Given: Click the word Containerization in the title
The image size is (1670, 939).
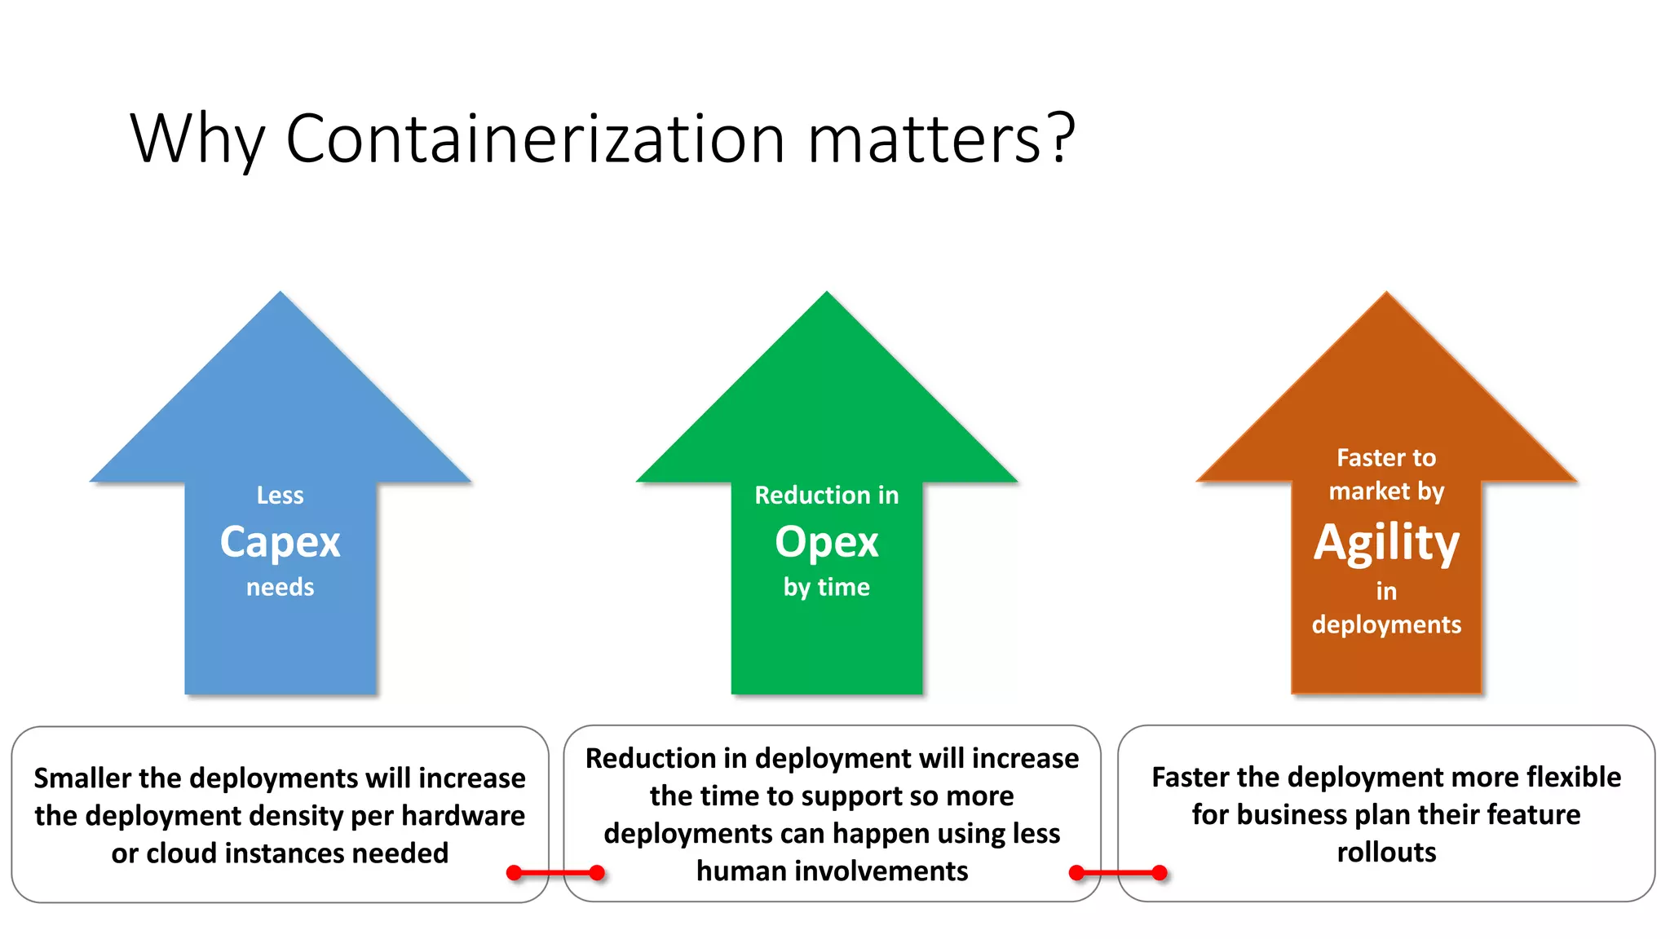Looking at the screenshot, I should click(535, 139).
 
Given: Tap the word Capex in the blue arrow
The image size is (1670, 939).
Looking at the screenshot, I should click(280, 542).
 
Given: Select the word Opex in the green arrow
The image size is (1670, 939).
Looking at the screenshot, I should click(826, 542).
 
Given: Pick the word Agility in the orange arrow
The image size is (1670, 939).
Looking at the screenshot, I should click(1386, 543).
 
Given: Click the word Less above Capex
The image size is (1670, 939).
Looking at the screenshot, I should click(280, 496).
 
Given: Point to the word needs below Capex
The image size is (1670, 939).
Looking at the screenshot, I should click(280, 587).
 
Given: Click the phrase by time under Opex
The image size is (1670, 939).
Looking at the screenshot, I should click(826, 587).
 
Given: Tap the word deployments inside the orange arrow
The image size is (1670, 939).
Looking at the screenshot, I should click(1386, 624).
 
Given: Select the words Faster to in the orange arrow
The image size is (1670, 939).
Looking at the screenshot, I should click(1386, 458).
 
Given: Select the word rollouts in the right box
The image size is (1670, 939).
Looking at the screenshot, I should click(1386, 853).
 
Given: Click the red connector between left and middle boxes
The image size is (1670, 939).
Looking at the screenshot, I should click(555, 873).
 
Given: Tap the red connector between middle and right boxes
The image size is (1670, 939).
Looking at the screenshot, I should click(1118, 873).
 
